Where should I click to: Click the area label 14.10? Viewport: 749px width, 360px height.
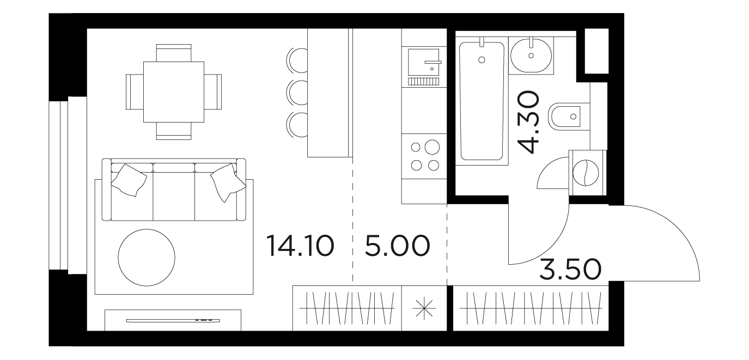pyautogui.click(x=300, y=246)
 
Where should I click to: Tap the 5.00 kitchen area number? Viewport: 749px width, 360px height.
pyautogui.click(x=397, y=246)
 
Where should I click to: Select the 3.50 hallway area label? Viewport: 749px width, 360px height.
pyautogui.click(x=570, y=269)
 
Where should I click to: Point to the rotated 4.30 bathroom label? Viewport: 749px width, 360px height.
pyautogui.click(x=528, y=122)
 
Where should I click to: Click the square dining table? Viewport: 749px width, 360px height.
pyautogui.click(x=174, y=92)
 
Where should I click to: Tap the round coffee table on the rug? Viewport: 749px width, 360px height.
pyautogui.click(x=147, y=258)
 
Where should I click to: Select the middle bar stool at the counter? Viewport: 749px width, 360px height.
pyautogui.click(x=297, y=92)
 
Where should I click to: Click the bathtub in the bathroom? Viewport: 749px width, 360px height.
pyautogui.click(x=482, y=101)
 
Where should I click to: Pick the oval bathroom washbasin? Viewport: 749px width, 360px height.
pyautogui.click(x=531, y=55)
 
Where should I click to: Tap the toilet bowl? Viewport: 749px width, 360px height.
pyautogui.click(x=565, y=116)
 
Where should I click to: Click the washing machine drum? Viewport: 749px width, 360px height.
pyautogui.click(x=585, y=173)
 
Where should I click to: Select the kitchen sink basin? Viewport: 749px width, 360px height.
pyautogui.click(x=423, y=62)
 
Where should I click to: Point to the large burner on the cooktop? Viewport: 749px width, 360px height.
pyautogui.click(x=431, y=147)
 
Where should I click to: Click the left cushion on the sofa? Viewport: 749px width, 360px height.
pyautogui.click(x=129, y=180)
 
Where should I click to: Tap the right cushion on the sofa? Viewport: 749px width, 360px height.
pyautogui.click(x=228, y=182)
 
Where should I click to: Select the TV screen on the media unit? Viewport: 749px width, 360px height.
pyautogui.click(x=174, y=321)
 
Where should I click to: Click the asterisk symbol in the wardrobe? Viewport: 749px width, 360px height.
pyautogui.click(x=424, y=308)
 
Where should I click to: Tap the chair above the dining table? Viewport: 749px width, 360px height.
pyautogui.click(x=174, y=53)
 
